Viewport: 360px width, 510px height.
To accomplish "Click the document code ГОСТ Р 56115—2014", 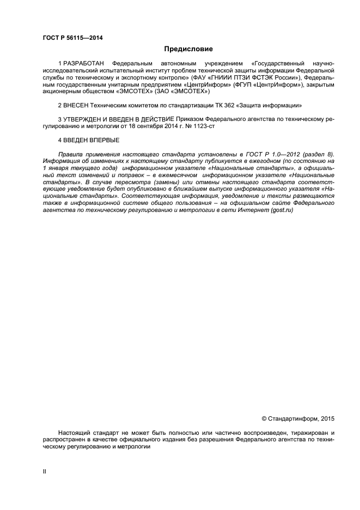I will tap(72, 38).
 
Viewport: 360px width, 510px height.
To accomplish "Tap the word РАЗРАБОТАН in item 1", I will tap(83, 64).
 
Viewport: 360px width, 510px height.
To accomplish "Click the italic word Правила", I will tap(70, 155).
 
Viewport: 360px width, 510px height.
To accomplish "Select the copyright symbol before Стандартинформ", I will tap(264, 419).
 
